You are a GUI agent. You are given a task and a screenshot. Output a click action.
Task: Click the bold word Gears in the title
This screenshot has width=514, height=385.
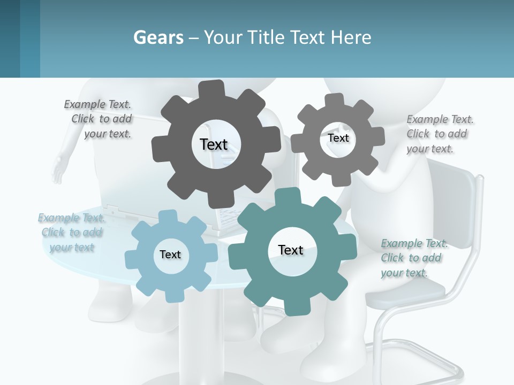tap(158, 37)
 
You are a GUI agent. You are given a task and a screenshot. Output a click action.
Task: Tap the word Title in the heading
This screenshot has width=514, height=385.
tap(266, 37)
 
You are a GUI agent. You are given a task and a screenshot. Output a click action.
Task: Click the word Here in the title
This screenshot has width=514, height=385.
tap(351, 37)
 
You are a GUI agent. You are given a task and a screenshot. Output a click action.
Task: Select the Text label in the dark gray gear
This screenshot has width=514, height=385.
tap(214, 144)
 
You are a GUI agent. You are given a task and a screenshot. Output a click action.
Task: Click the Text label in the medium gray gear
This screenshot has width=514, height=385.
tap(338, 138)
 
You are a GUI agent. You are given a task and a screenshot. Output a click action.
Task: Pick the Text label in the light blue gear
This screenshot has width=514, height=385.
tap(170, 255)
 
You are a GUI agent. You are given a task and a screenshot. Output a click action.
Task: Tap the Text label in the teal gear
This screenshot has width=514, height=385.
tap(291, 250)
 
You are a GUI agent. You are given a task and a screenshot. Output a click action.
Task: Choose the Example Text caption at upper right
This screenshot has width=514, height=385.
tap(439, 134)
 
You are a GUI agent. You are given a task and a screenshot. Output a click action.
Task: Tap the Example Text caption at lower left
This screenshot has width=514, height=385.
tap(72, 232)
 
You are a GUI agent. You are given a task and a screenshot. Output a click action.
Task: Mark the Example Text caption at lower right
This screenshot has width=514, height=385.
tap(413, 258)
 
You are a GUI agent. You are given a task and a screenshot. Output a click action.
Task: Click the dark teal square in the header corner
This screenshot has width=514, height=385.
tap(10, 38)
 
